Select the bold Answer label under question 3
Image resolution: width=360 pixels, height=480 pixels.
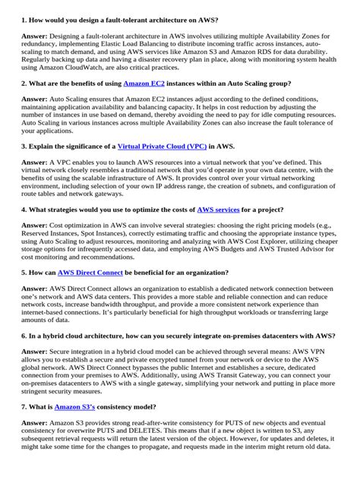34,163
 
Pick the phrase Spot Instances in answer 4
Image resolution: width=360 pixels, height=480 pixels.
122,235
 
